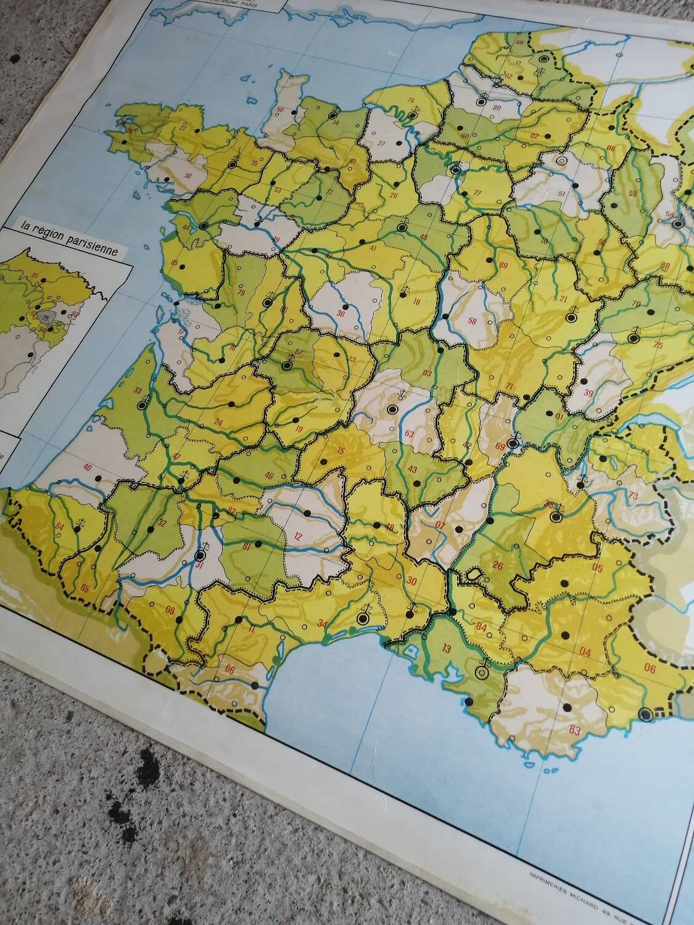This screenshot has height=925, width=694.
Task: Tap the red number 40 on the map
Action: pyautogui.click(x=88, y=467)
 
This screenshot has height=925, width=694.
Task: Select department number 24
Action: pyautogui.click(x=218, y=422)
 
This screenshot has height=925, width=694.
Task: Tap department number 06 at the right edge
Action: pyautogui.click(x=649, y=666)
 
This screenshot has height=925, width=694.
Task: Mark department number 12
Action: pyautogui.click(x=299, y=535)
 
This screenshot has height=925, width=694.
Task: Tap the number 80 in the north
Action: pyautogui.click(x=497, y=107)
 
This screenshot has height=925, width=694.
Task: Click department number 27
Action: pyautogui.click(x=381, y=144)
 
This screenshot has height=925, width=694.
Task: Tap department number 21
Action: pyautogui.click(x=562, y=300)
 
